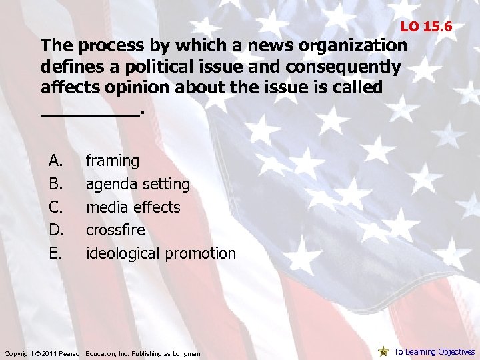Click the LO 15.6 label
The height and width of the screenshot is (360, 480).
[426, 27]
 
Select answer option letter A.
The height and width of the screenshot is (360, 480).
[55, 161]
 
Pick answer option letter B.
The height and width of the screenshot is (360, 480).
[55, 184]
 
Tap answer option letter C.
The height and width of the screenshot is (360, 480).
[55, 207]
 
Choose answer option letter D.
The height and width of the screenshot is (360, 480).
[55, 230]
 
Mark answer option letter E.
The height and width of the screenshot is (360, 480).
[55, 253]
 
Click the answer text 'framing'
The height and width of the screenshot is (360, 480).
[113, 161]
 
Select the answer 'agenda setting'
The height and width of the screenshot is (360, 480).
[138, 184]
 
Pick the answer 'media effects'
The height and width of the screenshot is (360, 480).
[133, 207]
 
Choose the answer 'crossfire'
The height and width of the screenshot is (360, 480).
[115, 230]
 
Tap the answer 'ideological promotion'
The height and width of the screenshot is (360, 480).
[161, 253]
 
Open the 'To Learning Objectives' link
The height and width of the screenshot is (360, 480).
[434, 352]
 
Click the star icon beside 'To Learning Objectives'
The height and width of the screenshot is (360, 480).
[383, 351]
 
